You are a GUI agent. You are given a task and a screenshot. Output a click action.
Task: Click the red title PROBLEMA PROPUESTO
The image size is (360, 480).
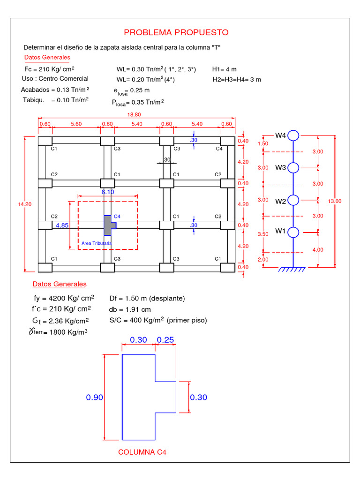[176, 32]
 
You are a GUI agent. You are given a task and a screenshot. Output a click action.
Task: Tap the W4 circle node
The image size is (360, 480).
[293, 135]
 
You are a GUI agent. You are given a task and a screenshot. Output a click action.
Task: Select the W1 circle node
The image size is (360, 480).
[293, 232]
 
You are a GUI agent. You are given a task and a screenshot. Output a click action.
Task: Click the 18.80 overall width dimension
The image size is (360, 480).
[134, 115]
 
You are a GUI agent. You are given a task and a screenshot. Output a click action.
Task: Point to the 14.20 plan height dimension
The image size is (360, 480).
[24, 204]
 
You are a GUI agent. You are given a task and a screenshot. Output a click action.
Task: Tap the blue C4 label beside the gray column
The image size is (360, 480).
[117, 217]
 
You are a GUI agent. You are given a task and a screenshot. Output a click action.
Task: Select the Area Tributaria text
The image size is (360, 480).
[97, 243]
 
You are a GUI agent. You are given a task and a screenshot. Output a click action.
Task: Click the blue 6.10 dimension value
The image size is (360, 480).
[108, 192]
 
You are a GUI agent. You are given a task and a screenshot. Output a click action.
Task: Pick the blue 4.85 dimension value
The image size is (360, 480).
[62, 225]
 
